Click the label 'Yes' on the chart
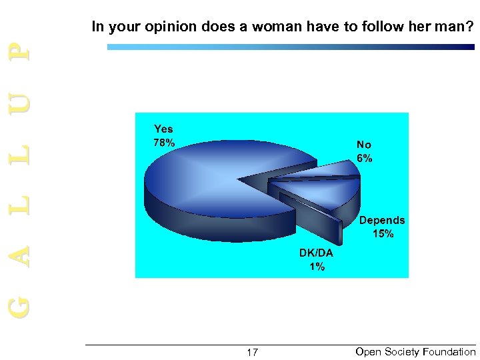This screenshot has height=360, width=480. [163, 129]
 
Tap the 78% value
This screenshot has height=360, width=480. [165, 142]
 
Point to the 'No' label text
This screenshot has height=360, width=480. [364, 145]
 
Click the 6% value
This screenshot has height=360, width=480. [365, 158]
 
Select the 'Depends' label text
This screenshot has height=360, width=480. [382, 220]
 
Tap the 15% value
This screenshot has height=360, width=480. [383, 233]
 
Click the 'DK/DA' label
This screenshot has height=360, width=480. [316, 254]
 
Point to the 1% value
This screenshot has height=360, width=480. [317, 267]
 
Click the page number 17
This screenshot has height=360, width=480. [252, 352]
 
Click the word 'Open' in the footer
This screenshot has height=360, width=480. [368, 351]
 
